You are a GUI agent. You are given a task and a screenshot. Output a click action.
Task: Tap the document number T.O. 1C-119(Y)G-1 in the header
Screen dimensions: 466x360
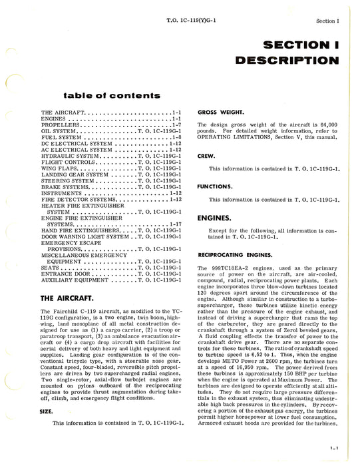point(198,20)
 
